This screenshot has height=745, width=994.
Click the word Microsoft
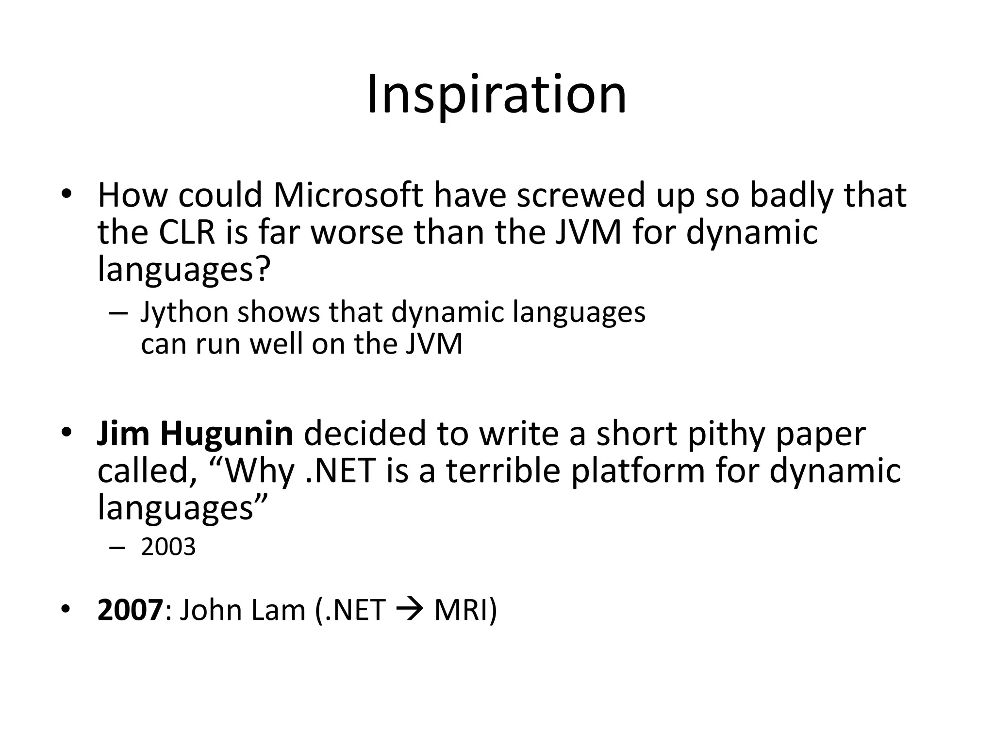pos(348,195)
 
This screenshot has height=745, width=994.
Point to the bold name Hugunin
pos(227,433)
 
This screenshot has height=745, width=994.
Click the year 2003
pos(168,547)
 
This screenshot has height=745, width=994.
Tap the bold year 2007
pos(130,610)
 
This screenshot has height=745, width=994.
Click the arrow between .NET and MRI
pos(409,610)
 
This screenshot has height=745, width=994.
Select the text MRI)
pos(465,610)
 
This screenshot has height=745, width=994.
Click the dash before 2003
pos(117,548)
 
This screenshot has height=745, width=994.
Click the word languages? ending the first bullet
pos(183,270)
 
